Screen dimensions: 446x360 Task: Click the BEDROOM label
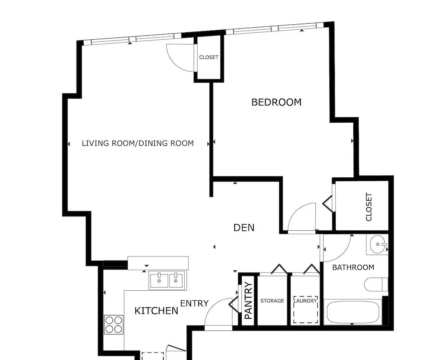pos(276,102)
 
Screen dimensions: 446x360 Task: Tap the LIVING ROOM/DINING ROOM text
pos(138,143)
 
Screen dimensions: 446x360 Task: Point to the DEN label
pos(244,228)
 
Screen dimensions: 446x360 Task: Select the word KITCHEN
pos(156,311)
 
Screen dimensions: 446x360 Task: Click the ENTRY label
pos(194,303)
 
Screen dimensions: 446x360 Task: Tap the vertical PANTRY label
pos(248,300)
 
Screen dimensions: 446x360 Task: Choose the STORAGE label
pos(272,301)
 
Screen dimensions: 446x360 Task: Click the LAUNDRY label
pos(305,301)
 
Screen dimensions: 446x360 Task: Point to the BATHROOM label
pos(353,267)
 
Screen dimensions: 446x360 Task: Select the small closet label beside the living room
pos(209,57)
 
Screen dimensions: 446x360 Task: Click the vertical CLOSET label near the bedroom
pos(369,207)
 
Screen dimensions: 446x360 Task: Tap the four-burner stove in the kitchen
pos(114,324)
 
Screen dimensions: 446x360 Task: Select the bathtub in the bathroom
pos(353,312)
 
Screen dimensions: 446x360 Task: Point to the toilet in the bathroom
pos(376,284)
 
